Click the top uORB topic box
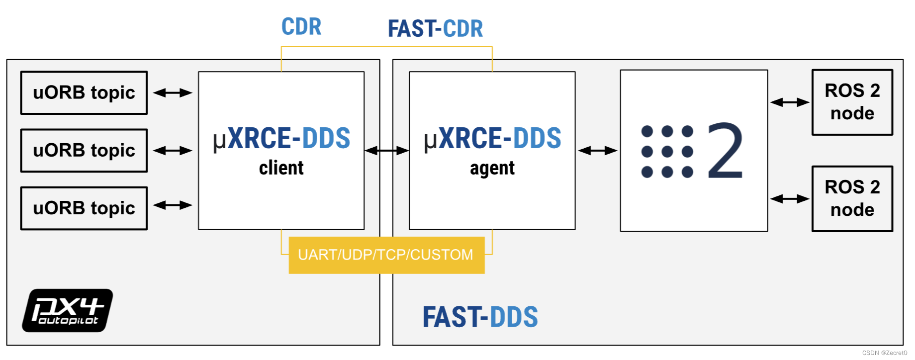point(84,93)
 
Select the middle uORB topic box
point(84,151)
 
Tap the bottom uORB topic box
point(84,208)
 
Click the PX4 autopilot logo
point(68,310)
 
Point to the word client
point(281,168)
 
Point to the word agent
point(492,169)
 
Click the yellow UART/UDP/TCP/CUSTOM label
point(386,255)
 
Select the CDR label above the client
point(301,27)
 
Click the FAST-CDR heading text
point(435,29)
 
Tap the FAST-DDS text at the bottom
point(480,317)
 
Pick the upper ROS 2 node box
point(852,102)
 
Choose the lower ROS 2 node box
point(852,199)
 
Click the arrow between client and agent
point(386,151)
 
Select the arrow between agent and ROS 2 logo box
point(597,151)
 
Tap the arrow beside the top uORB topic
point(173,92)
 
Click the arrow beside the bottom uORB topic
point(173,205)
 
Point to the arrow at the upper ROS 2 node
point(790,102)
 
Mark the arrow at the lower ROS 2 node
point(790,199)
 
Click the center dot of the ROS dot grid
point(667,152)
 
